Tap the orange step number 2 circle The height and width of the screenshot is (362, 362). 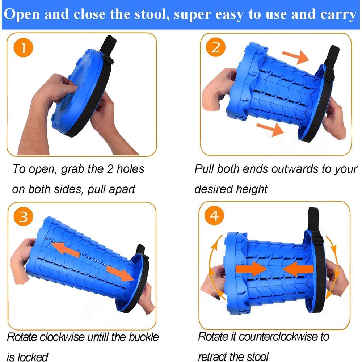coord(216,47)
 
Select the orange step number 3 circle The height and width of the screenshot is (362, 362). coord(23,217)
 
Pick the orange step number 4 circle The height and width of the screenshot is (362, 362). coord(214,216)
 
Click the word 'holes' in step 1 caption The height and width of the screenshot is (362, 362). coord(130,169)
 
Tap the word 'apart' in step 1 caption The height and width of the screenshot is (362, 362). coord(122,190)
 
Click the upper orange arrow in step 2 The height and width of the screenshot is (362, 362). coord(296,56)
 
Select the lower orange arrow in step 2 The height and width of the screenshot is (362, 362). coord(270,130)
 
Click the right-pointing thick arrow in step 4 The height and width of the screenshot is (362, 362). coord(251,269)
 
